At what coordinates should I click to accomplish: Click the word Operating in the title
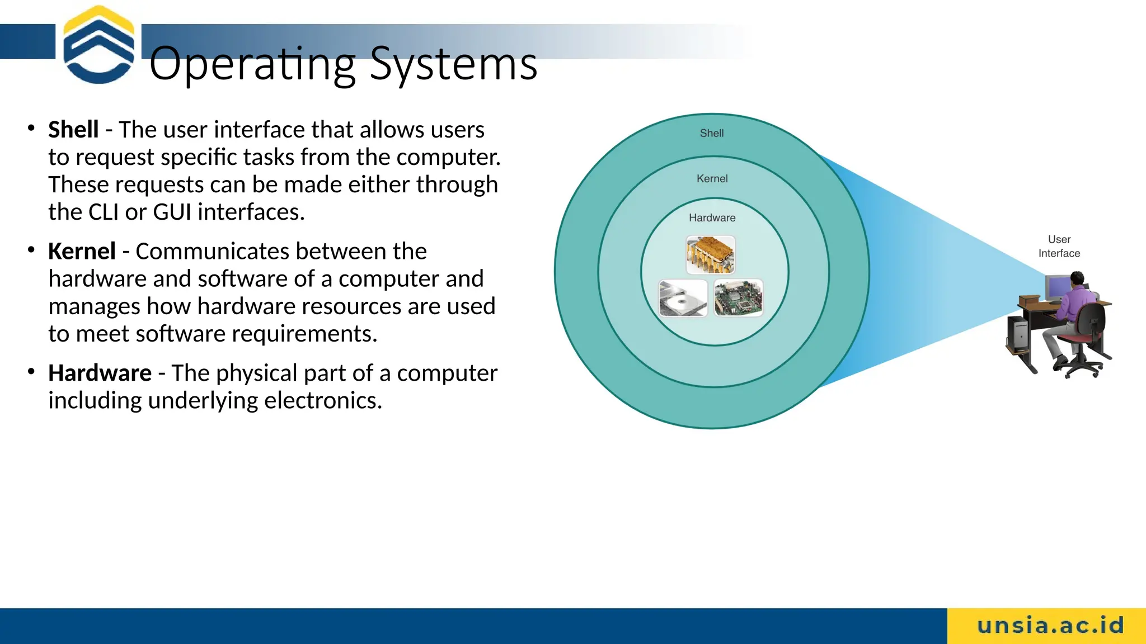(252, 64)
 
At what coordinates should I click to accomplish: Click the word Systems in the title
(453, 64)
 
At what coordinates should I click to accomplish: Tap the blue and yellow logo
(98, 45)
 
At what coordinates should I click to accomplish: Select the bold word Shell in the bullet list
(73, 130)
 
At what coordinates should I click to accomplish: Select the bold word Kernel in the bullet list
(82, 252)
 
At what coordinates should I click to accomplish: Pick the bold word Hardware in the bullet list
(100, 373)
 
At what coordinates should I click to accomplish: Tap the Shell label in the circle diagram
(711, 133)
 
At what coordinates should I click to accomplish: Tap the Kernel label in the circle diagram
(712, 179)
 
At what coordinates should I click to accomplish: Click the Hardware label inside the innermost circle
(712, 218)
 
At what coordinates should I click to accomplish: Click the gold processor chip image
(710, 255)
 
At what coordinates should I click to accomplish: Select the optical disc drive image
(683, 298)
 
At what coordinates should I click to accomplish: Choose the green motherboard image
(739, 298)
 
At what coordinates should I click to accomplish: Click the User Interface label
(1059, 246)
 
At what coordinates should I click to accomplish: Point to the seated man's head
(1077, 278)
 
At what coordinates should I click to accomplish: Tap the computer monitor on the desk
(1056, 288)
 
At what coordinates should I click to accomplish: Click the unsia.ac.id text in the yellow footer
(1050, 626)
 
